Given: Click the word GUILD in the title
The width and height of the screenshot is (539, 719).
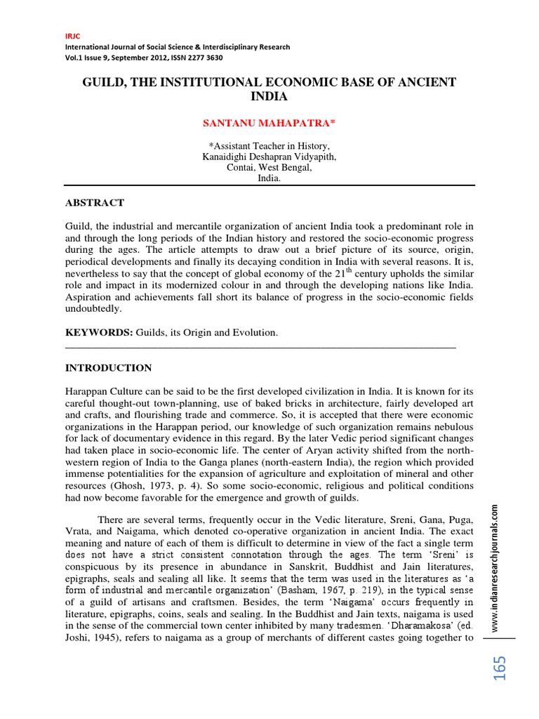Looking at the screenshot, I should pyautogui.click(x=105, y=83).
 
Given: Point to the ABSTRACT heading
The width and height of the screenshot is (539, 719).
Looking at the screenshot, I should pyautogui.click(x=95, y=203).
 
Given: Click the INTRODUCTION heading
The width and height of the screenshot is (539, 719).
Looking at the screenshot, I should pyautogui.click(x=108, y=367).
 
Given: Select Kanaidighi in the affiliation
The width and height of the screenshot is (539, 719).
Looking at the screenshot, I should pyautogui.click(x=225, y=157).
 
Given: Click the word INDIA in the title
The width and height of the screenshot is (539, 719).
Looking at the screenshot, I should pyautogui.click(x=269, y=96).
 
